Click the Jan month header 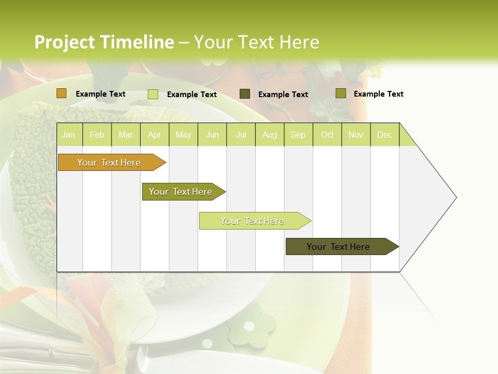tap(68, 135)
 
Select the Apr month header tap(154, 135)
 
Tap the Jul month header tap(241, 135)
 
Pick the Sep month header tap(298, 135)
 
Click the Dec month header tap(384, 135)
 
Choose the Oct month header tap(327, 135)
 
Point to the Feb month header tap(97, 135)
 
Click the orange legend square tap(62, 94)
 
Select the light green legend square tap(153, 94)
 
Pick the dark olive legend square tap(245, 94)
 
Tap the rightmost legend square tap(340, 94)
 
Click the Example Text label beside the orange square tap(100, 94)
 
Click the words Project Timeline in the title tap(104, 42)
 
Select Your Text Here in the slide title tap(256, 42)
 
